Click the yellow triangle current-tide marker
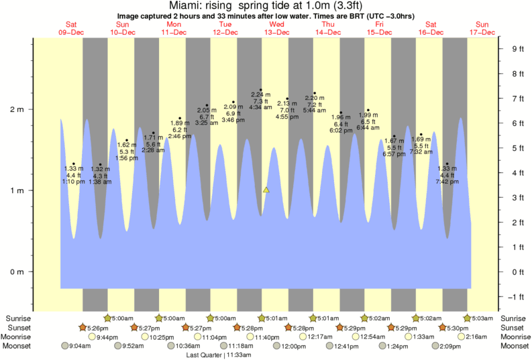(266, 190)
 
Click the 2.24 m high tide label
(260, 95)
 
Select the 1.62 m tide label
(127, 145)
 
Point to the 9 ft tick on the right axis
(517, 49)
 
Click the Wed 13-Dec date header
(276, 28)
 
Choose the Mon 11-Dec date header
(174, 28)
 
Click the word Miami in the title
(176, 5)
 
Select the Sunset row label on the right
(513, 327)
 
